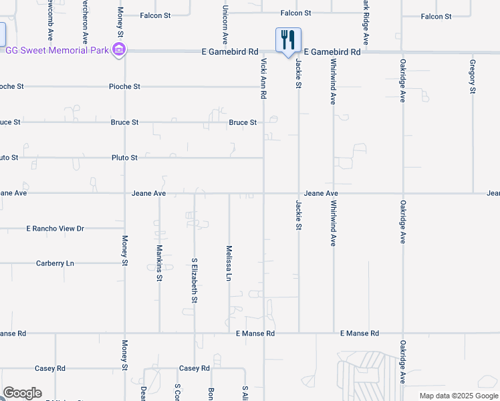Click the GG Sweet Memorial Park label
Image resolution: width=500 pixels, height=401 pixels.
[x=57, y=51]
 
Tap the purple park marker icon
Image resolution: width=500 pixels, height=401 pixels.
[x=119, y=49]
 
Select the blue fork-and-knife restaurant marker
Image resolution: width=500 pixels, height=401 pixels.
[x=288, y=40]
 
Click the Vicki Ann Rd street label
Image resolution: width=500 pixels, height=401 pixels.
[x=263, y=79]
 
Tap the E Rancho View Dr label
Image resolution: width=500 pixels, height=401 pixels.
[x=55, y=229]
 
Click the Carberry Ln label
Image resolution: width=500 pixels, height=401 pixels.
[x=55, y=263]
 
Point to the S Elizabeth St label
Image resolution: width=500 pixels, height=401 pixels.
[x=195, y=281]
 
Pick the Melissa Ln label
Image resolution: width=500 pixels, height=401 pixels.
[x=229, y=262]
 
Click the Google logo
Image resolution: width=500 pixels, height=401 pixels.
[x=22, y=393]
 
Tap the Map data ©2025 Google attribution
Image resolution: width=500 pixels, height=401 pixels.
[x=459, y=396]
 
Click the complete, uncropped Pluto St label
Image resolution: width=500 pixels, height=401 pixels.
[x=124, y=158]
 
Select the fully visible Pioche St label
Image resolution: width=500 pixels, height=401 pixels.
[x=124, y=87]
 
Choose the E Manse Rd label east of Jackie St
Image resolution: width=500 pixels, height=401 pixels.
[x=359, y=333]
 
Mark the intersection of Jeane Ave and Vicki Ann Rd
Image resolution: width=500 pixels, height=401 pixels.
[x=263, y=194]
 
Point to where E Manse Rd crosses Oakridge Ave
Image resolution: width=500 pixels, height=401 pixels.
[x=402, y=332]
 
